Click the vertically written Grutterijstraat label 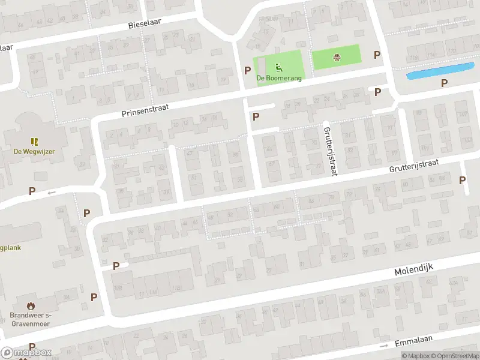(329, 151)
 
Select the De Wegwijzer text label (34, 151)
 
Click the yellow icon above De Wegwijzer (34, 142)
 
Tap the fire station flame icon (31, 305)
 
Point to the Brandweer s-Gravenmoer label (30, 319)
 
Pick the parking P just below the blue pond (444, 83)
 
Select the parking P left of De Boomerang (247, 70)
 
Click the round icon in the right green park (337, 58)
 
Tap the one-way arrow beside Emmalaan (384, 346)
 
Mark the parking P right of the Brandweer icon (94, 297)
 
